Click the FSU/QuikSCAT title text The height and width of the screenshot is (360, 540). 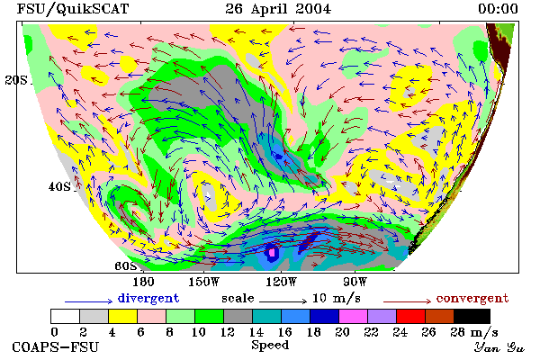73,9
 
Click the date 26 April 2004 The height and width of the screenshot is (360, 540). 278,9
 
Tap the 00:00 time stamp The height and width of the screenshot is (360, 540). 498,9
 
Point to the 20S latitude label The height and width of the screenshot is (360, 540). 16,80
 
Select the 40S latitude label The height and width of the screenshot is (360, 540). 59,186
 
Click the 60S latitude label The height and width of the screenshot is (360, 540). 126,266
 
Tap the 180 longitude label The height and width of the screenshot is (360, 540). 143,282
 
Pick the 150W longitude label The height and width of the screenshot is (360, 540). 204,282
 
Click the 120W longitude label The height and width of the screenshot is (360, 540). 281,282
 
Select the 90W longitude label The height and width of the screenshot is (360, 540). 355,282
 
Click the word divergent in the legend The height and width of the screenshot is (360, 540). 148,298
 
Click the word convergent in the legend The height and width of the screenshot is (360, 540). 472,298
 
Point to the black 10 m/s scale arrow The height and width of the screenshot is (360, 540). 283,301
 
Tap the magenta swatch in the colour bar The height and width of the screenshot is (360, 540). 353,316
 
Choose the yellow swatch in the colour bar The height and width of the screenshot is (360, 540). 122,316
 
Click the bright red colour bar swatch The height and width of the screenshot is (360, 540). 410,316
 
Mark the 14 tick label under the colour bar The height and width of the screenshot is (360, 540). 256,332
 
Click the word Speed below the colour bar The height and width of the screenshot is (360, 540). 270,346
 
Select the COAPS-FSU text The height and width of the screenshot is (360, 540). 56,346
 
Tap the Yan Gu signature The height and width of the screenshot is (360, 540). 499,347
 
